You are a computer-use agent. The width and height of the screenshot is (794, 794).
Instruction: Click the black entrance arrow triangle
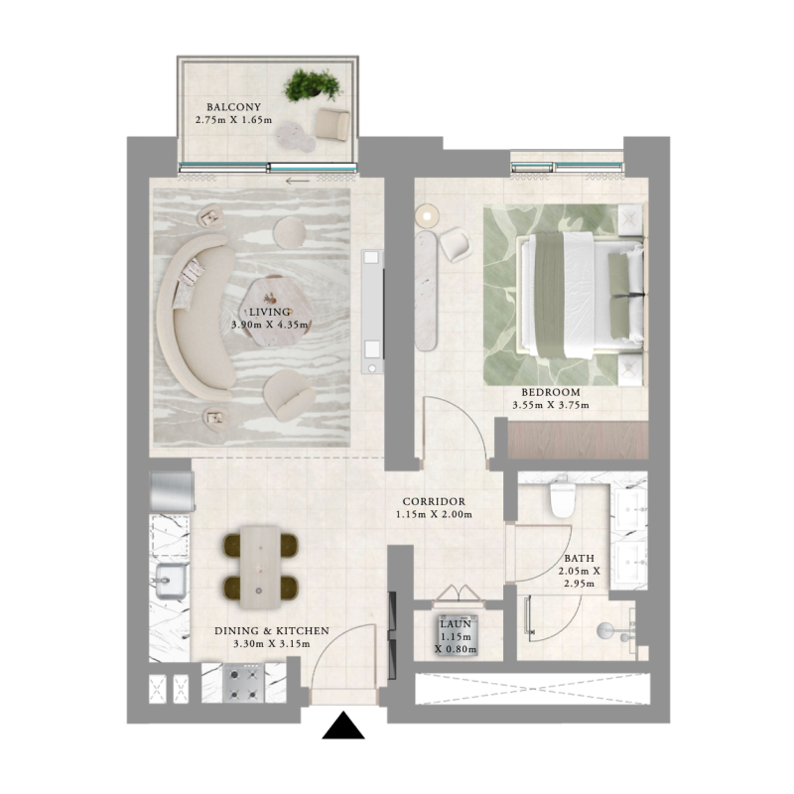point(344,728)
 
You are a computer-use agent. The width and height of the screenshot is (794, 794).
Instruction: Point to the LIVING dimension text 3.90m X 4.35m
point(265,325)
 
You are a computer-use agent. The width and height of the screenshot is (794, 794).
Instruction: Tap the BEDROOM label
point(546,392)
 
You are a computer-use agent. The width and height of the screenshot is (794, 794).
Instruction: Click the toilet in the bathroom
point(561,496)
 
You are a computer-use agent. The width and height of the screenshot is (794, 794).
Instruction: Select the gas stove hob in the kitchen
point(242,683)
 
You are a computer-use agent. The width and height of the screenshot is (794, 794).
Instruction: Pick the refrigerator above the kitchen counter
point(171,490)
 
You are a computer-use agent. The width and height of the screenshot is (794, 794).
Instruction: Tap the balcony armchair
point(332,123)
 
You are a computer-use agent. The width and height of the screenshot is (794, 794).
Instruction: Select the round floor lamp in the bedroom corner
point(427,213)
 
